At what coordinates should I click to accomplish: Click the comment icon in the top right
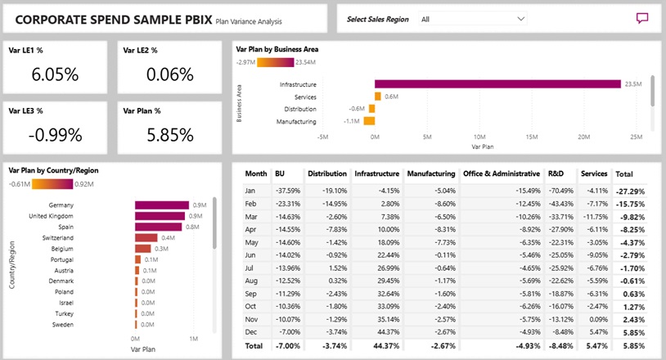point(642,19)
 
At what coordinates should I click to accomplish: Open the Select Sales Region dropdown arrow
point(521,18)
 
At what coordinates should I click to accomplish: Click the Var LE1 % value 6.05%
point(55,74)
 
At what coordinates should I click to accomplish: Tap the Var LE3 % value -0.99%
point(55,134)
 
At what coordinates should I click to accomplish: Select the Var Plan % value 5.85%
point(169,134)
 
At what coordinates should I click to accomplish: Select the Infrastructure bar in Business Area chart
point(497,83)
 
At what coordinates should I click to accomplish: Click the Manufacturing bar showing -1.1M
point(369,121)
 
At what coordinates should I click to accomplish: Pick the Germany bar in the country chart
point(161,205)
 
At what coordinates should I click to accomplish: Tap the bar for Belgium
point(142,248)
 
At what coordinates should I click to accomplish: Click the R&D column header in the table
point(556,174)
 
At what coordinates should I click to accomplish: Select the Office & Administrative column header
point(502,174)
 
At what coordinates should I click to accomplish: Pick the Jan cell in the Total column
point(629,191)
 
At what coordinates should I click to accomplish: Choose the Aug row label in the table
point(253,280)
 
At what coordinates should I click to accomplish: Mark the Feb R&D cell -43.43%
point(560,203)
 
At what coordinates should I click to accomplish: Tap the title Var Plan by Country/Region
point(53,170)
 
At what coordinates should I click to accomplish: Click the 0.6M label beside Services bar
point(391,97)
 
